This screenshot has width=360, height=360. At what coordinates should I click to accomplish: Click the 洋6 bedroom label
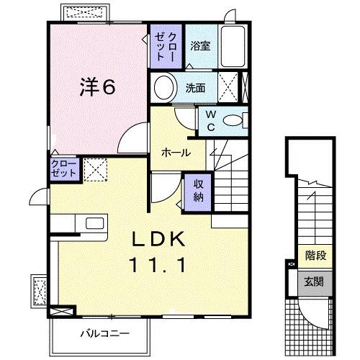(97, 88)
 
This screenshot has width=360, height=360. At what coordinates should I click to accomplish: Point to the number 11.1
(161, 264)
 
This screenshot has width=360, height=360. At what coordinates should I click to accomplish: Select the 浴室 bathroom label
(200, 46)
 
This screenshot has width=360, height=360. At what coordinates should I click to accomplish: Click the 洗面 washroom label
(195, 89)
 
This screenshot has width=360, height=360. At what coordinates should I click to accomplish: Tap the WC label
(211, 120)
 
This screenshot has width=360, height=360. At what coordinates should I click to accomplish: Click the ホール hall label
(176, 153)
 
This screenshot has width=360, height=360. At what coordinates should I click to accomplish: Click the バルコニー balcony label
(100, 334)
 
